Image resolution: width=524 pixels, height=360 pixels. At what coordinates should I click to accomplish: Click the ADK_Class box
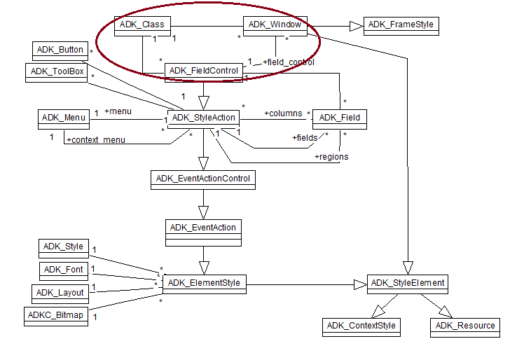(142, 25)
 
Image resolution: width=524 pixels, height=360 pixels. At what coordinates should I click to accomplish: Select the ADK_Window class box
(275, 25)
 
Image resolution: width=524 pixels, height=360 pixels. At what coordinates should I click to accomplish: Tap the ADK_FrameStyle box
(401, 25)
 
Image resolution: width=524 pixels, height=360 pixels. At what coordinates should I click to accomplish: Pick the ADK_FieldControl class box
(204, 71)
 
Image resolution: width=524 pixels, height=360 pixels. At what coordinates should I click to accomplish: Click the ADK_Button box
(61, 50)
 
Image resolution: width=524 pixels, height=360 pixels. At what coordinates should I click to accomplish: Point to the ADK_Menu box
(64, 118)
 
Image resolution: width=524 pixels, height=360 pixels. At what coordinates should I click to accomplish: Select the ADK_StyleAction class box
(204, 118)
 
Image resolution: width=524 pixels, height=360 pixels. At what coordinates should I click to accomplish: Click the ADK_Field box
(339, 118)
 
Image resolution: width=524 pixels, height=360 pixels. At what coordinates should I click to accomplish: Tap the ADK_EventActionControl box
(203, 179)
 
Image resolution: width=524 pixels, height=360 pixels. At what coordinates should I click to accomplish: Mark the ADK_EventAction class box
(203, 228)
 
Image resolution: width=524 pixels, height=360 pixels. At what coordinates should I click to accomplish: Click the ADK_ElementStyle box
(204, 284)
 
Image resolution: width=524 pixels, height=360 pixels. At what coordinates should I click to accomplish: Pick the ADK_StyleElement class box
(406, 284)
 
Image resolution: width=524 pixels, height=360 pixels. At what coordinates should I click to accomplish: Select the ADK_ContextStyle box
(361, 326)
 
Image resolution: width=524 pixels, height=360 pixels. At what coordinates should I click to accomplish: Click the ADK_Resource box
(465, 326)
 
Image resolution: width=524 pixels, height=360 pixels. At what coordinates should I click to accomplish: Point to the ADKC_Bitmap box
(57, 315)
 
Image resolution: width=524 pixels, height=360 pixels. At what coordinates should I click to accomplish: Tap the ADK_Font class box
(64, 270)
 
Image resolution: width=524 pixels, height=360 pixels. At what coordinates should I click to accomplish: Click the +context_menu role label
(96, 140)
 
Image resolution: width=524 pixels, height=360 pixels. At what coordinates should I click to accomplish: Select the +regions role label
(331, 156)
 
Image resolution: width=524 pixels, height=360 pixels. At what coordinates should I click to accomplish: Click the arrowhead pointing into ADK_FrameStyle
(356, 25)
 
